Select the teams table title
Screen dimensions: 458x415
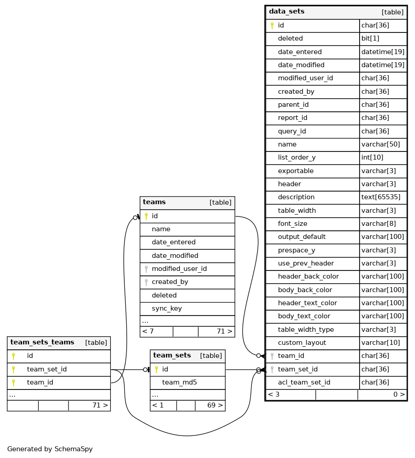tap(154, 202)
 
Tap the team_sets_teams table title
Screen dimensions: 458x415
tap(42, 343)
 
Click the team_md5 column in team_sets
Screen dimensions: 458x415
tap(179, 383)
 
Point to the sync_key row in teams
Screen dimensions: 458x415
tap(167, 309)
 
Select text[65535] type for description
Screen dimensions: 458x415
tap(381, 197)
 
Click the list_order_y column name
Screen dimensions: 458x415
tap(296, 158)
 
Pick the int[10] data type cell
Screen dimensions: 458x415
tap(372, 158)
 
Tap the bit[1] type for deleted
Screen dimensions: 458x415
tap(370, 39)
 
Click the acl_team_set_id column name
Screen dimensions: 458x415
tap(304, 383)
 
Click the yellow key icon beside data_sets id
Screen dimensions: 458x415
tap(272, 26)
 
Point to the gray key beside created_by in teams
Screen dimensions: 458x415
tap(146, 282)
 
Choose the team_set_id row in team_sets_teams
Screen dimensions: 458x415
tap(47, 370)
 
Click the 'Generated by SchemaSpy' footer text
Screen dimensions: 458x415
tap(50, 449)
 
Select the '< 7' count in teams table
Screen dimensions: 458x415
tap(148, 332)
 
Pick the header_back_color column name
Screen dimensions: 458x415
tap(308, 277)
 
